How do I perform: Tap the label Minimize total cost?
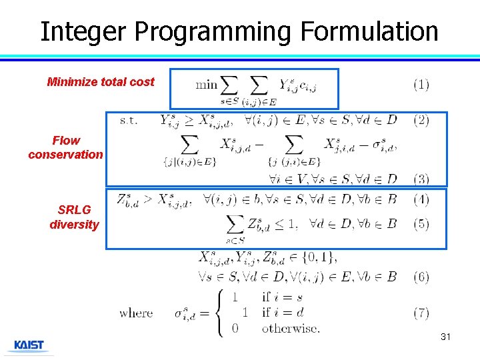(101, 82)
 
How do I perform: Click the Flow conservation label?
(65, 147)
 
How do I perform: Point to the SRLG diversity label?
(73, 217)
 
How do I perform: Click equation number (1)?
(421, 85)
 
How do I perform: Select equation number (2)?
(421, 121)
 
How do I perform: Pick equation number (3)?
(421, 179)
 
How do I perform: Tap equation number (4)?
(421, 199)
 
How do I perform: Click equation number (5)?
(421, 223)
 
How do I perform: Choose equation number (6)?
(421, 277)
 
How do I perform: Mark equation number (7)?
(421, 312)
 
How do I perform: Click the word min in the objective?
(206, 85)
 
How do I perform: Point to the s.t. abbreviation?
(129, 121)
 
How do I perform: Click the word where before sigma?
(136, 313)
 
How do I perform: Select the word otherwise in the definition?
(291, 327)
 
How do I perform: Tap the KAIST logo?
(29, 345)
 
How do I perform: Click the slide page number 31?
(445, 337)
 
